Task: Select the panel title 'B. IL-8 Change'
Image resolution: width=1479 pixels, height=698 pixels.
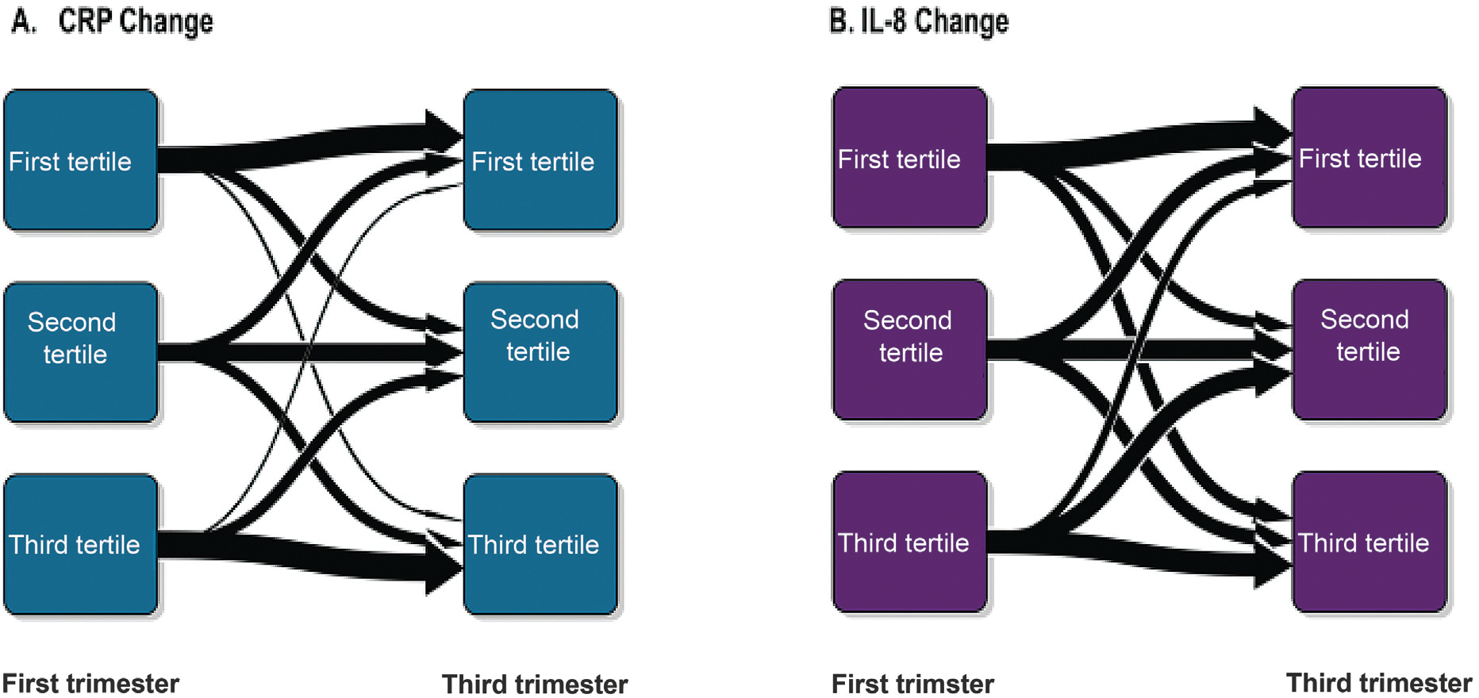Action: (x=919, y=21)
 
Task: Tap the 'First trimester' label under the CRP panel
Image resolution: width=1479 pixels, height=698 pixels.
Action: (x=90, y=683)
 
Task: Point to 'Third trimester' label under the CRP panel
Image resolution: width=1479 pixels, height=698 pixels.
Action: (x=535, y=684)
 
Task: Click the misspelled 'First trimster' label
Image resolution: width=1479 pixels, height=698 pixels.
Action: (x=912, y=684)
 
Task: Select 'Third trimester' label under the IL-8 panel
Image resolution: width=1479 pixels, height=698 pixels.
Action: (x=1379, y=683)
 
